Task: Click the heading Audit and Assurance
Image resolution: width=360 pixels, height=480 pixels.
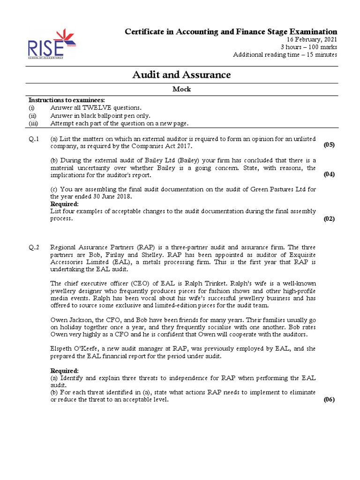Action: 182,75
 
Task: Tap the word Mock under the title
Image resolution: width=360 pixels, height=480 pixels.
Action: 182,90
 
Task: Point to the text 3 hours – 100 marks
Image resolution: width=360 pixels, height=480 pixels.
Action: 308,47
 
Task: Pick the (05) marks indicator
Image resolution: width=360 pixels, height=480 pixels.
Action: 329,145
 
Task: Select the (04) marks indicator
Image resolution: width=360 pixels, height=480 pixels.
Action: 329,174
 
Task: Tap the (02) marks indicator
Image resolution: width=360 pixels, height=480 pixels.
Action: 329,219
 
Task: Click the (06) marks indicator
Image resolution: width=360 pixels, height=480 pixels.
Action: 329,400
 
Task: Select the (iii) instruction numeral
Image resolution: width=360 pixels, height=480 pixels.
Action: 34,123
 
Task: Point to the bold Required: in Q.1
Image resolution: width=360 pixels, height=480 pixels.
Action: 64,204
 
